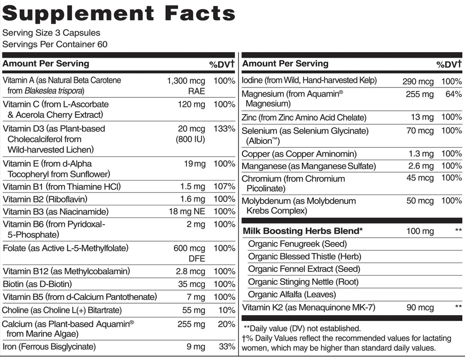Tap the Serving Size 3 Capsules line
coord(51,33)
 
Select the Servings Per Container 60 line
coord(55,44)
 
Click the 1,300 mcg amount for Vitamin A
coord(186,81)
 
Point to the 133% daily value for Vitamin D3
coord(224,129)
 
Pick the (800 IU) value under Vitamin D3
coord(190,139)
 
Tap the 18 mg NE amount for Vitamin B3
coord(186,212)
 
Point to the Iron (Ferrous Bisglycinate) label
coord(49,347)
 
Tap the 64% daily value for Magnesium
coord(453,94)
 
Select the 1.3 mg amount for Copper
coord(421,154)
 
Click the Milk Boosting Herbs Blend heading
coord(303,231)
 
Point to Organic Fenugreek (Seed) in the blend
coord(297,244)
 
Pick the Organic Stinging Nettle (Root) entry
coord(303,282)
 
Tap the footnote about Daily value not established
coord(302,328)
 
